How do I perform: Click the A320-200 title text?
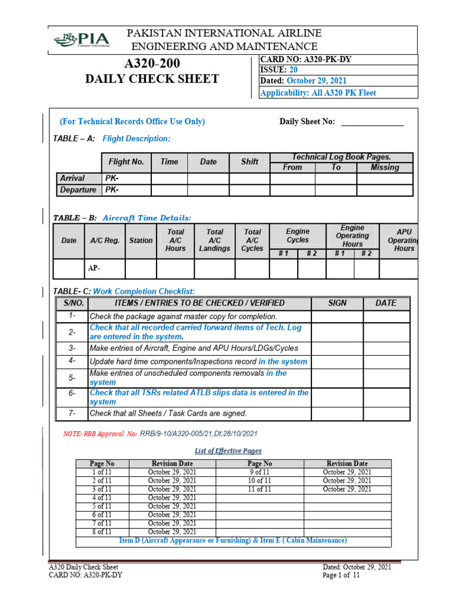click(152, 64)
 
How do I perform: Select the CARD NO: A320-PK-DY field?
click(306, 59)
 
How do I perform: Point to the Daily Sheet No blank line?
click(372, 122)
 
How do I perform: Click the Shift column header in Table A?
click(250, 162)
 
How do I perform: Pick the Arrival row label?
click(72, 178)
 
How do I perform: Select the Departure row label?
click(78, 190)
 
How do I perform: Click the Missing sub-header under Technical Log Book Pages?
click(384, 168)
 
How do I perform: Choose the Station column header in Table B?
click(141, 241)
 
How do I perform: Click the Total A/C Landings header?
click(214, 240)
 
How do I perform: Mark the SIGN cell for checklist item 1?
click(337, 316)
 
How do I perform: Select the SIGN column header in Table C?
click(337, 303)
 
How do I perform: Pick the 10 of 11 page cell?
click(259, 481)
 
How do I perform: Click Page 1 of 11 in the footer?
click(341, 575)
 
